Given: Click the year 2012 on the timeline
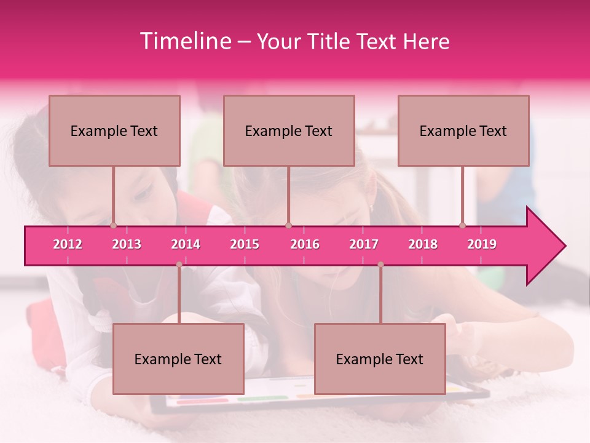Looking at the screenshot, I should coord(68,244).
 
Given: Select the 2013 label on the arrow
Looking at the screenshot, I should coord(127,244).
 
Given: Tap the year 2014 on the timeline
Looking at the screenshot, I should coord(186,244).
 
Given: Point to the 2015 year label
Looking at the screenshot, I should coord(245,244).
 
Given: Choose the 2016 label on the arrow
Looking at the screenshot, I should coord(305,244).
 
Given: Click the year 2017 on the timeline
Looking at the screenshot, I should coord(364,244).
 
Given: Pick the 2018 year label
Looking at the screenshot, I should coord(423,244).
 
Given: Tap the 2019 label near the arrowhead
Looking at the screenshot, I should coord(482,244).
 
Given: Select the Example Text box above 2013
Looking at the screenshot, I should coord(114,130).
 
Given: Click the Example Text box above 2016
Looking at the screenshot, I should coord(289,130).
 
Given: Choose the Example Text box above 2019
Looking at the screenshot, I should coord(463,130).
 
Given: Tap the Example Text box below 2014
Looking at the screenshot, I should coord(178,359).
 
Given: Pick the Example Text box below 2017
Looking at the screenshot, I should coord(380,359).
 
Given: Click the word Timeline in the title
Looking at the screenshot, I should coord(184,41).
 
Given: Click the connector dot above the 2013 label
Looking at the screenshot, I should coord(114,226).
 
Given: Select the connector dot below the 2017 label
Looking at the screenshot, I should coord(380,265).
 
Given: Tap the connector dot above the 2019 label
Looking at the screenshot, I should coord(463,226).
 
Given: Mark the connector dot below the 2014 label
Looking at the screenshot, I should coord(179,265).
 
